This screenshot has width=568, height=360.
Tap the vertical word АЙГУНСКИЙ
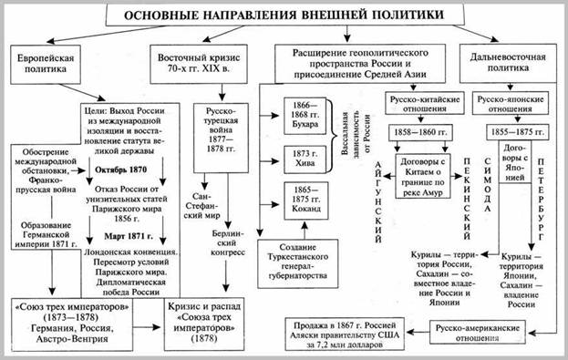tap(380, 190)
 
